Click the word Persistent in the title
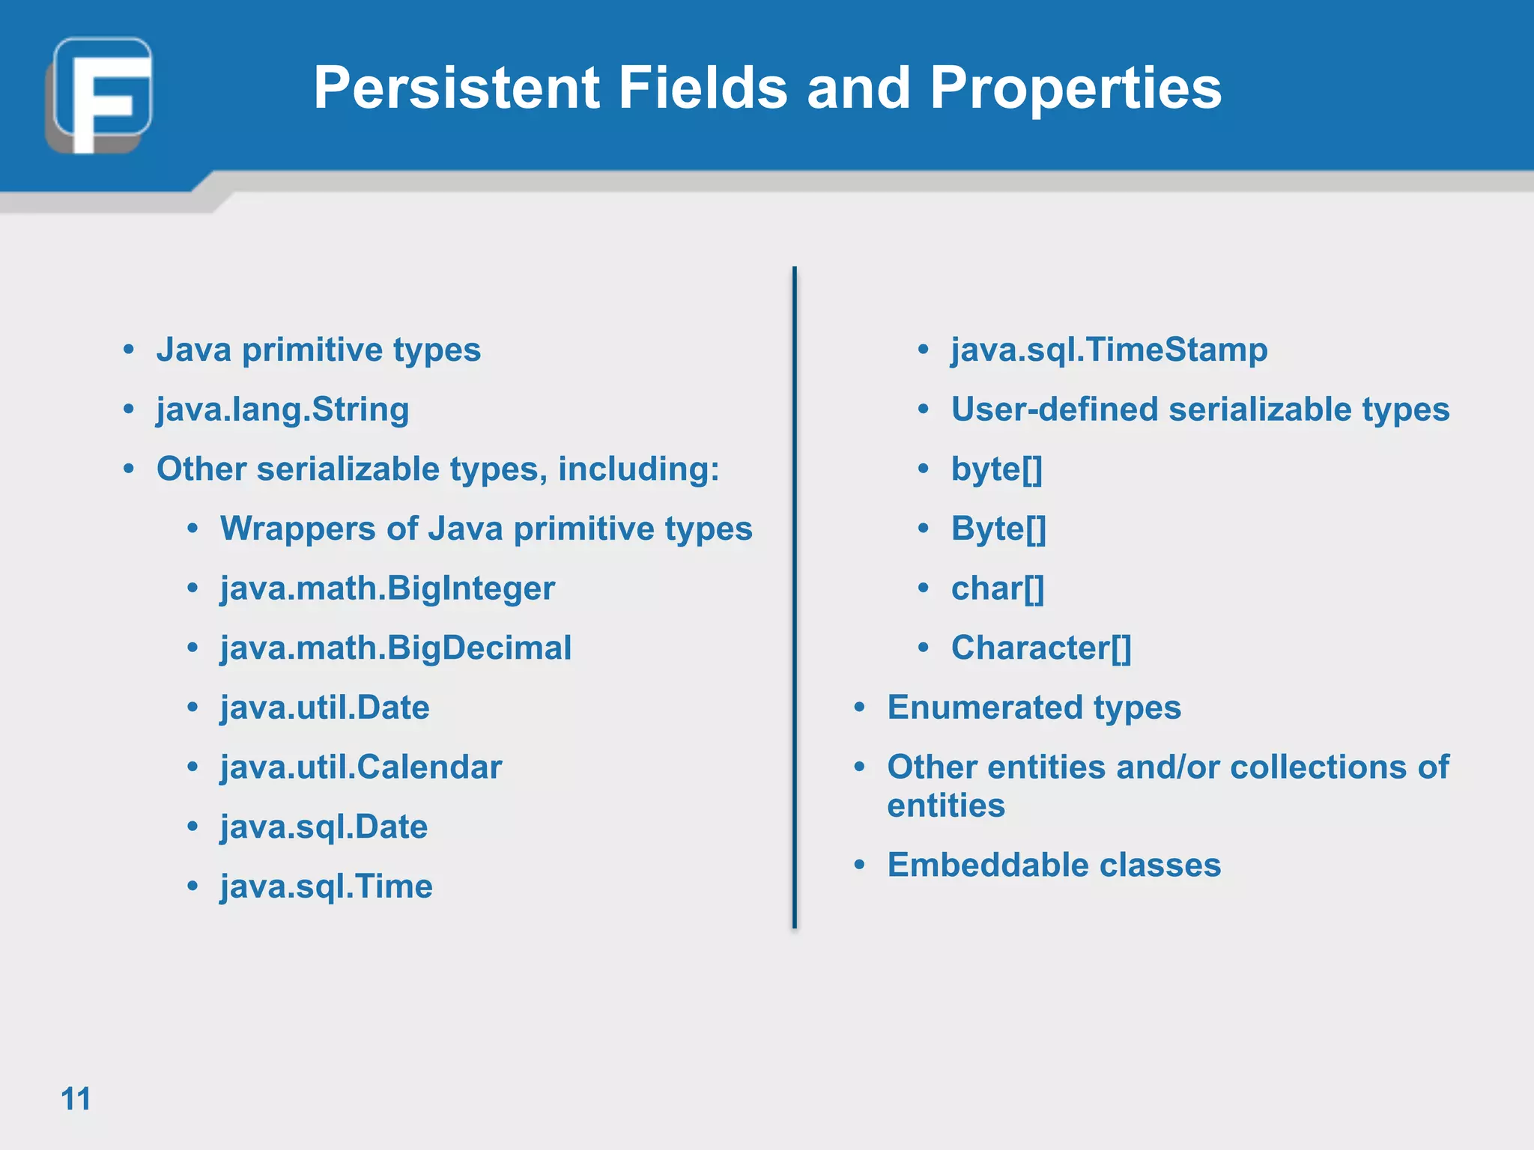[455, 88]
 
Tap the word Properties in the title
[1076, 88]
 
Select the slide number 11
[75, 1099]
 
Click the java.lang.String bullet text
[282, 410]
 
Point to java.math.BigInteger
[387, 588]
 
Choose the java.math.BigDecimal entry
[395, 648]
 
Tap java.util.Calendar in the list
[361, 767]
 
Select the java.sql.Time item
[326, 886]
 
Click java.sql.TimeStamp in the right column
[1109, 350]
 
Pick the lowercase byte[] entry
[996, 469]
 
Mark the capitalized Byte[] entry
[998, 529]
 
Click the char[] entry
[997, 588]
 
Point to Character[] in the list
[1040, 648]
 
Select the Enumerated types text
[1034, 708]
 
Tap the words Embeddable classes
[1054, 865]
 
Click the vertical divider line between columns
[794, 599]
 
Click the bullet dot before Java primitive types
[129, 350]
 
